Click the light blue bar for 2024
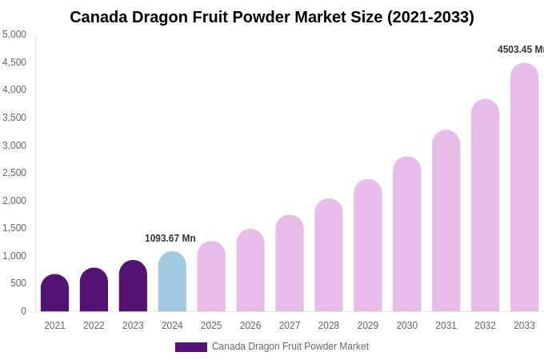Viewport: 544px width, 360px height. (172, 282)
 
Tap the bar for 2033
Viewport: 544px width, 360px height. (524, 187)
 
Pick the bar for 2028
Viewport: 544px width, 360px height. (328, 255)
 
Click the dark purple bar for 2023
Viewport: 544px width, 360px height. (133, 286)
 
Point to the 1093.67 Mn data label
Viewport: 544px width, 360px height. (170, 238)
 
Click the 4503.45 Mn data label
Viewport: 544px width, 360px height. (520, 50)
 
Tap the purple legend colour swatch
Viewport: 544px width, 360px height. (190, 347)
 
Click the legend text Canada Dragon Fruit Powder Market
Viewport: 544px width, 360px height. (290, 346)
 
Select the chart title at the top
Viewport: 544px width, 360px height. (272, 17)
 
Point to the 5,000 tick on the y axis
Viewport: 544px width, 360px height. (14, 34)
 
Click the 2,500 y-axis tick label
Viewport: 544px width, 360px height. (14, 173)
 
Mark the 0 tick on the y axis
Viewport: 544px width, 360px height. (23, 311)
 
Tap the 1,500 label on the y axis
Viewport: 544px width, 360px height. (14, 228)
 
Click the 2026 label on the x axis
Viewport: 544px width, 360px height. (250, 326)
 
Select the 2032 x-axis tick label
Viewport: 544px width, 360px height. (485, 326)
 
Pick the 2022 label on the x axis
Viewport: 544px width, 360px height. (94, 326)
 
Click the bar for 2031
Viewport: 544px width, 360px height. (446, 221)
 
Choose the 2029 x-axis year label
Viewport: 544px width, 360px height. (367, 326)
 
